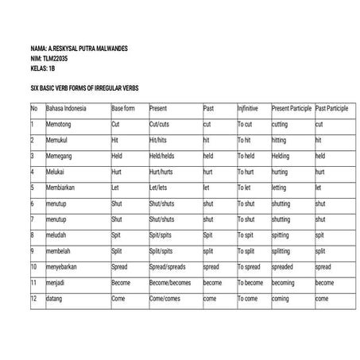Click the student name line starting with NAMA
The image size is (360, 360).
pos(77,48)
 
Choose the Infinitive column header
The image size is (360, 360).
pos(248,108)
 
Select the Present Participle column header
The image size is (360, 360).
pos(292,108)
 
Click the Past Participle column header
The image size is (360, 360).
pos(331,108)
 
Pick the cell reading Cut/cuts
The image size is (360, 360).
pos(159,125)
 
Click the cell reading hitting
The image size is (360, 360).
pos(281,140)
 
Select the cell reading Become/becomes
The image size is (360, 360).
pos(170,283)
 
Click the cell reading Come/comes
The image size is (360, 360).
pos(165,299)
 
